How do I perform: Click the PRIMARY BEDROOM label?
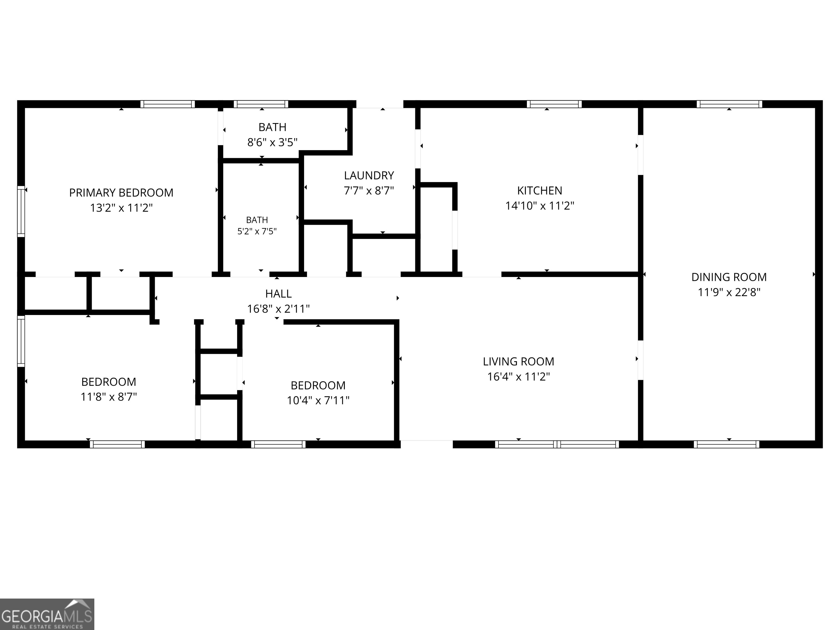tap(121, 193)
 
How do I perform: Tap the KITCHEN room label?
tap(539, 191)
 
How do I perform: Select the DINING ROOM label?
tap(729, 277)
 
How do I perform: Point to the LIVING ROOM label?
tap(519, 361)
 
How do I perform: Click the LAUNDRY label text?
tap(369, 176)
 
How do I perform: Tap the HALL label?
tap(278, 294)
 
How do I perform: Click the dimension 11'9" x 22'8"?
tap(729, 292)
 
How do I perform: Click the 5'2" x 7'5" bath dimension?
tap(257, 231)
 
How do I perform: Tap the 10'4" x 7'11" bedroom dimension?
tap(318, 401)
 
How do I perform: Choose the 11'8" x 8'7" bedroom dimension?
tap(109, 397)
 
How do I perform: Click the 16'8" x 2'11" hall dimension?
tap(278, 309)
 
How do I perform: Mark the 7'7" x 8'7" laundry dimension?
tap(369, 191)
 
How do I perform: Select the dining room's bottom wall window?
tap(727, 444)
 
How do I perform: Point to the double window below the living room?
tap(557, 444)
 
